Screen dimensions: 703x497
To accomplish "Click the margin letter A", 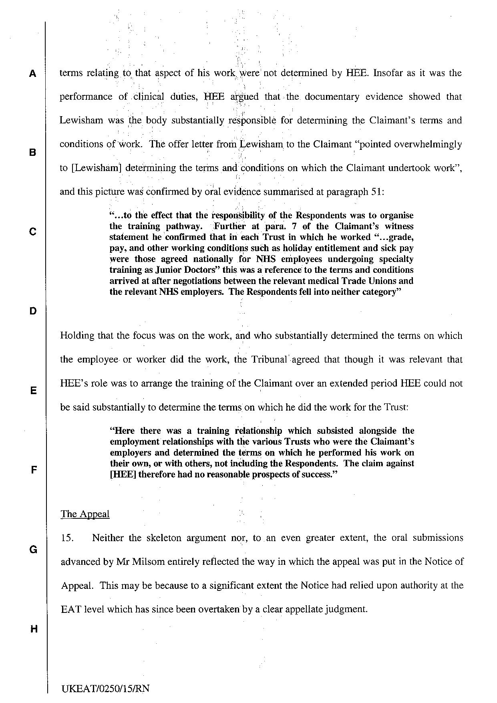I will pyautogui.click(x=32, y=74).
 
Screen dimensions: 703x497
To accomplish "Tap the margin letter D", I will pyautogui.click(x=32, y=311).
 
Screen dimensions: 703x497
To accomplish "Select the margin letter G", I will pyautogui.click(x=33, y=550).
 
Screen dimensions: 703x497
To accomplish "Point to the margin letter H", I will pyautogui.click(x=34, y=629).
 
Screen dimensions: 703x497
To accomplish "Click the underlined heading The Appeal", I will pyautogui.click(x=85, y=514).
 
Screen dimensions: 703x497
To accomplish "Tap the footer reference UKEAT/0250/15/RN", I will pyautogui.click(x=106, y=689).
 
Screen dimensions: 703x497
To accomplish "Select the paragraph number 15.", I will pyautogui.click(x=67, y=538).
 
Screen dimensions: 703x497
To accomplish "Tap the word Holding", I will pyautogui.click(x=77, y=336).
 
